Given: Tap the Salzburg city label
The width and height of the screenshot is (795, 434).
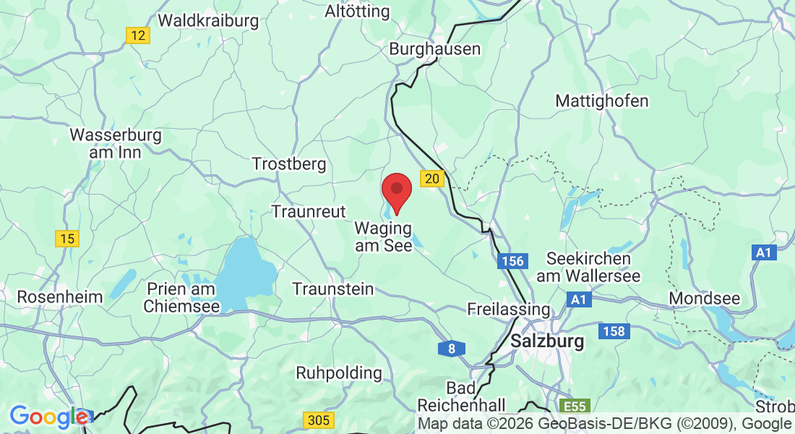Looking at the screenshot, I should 547,341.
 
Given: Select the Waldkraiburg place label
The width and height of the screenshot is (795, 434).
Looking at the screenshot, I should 208,20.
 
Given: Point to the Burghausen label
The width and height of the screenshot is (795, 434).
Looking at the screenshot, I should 435,49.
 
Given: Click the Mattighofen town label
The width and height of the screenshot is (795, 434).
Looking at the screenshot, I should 602,101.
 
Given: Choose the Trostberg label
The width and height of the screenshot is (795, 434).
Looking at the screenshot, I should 289,164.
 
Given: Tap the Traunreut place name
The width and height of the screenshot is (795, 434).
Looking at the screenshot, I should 309,211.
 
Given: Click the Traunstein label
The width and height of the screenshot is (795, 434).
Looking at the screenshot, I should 333,289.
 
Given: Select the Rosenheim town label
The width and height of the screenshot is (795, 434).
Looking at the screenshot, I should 60,297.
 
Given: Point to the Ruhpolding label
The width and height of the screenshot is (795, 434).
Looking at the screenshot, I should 339,373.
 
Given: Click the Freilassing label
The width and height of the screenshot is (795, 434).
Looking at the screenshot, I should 509,309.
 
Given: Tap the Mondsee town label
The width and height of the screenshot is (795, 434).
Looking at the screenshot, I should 705,298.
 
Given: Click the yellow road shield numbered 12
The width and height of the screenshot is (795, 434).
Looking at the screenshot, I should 138,35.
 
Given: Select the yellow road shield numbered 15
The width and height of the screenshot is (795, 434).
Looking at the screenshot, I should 67,238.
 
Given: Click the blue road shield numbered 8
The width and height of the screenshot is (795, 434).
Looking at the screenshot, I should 452,349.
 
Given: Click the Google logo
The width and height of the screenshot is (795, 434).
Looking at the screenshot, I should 49,417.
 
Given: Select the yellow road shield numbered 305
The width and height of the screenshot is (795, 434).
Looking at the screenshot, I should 318,420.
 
